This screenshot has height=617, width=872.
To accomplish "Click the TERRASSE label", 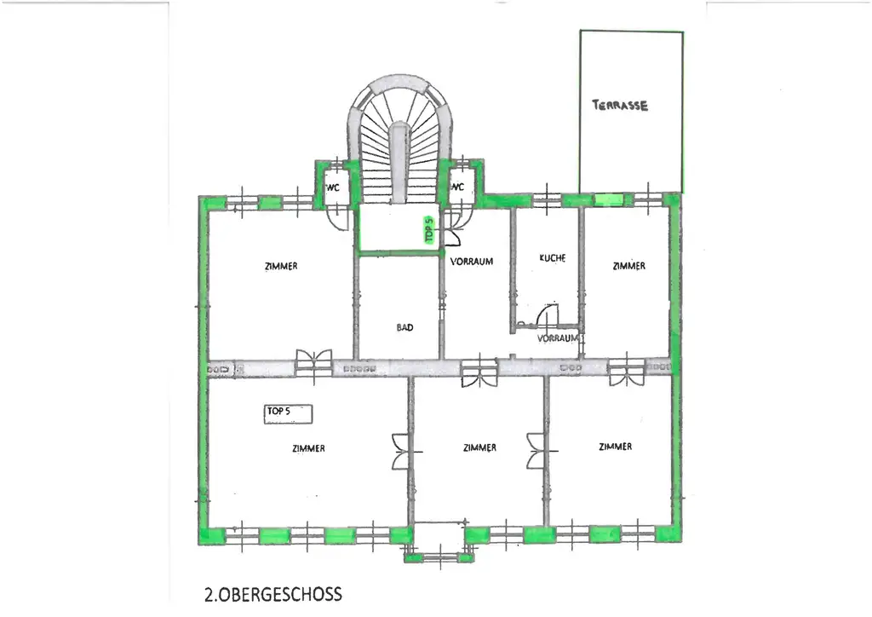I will (x=620, y=106).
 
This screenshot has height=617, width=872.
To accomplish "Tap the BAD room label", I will (x=404, y=327).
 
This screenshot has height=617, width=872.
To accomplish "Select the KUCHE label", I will (x=553, y=257).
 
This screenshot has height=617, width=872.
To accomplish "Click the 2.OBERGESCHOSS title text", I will (x=273, y=594).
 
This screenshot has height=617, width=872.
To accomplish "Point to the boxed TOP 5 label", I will (x=289, y=412).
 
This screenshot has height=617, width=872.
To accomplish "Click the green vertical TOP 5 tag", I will (x=429, y=231).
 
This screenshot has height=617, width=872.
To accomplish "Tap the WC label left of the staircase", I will (x=332, y=187).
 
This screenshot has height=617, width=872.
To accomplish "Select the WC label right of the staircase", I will (x=457, y=187).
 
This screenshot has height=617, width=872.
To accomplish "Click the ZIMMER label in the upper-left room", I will (x=281, y=266).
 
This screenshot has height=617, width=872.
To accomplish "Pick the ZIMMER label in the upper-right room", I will (x=628, y=266).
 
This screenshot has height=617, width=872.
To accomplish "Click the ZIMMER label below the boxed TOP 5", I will (x=307, y=448).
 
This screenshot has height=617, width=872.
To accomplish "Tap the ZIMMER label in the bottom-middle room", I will (x=480, y=447).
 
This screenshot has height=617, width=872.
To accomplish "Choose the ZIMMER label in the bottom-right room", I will (x=615, y=447).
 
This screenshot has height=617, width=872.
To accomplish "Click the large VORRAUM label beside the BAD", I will (x=472, y=262).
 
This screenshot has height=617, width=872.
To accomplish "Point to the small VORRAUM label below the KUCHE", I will (x=558, y=337).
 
